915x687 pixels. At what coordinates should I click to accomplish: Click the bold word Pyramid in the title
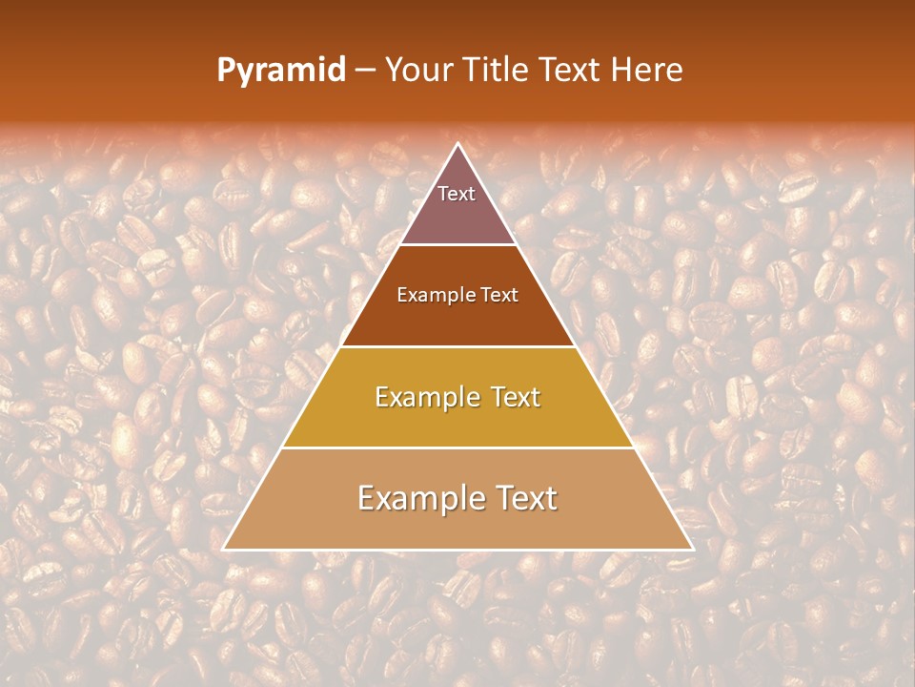281,71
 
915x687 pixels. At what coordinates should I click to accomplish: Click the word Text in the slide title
570,71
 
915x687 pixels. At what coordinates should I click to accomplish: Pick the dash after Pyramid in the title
365,72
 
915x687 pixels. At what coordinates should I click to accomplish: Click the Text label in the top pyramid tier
457,194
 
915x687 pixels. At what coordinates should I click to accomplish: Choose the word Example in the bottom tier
417,498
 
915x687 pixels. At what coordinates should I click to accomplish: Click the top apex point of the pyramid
457,144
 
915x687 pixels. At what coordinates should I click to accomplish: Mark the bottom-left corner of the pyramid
224,549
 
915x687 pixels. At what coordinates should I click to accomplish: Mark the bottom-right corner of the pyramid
692,549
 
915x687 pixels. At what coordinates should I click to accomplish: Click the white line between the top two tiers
457,245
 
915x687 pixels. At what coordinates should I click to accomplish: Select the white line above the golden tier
457,346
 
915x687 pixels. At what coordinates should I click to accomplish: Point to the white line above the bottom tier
457,448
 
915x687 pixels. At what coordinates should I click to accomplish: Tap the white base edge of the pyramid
457,550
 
